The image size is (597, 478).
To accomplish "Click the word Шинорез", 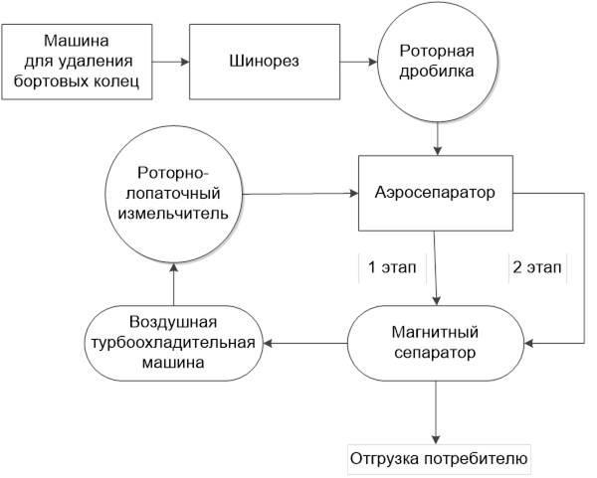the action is [265, 61].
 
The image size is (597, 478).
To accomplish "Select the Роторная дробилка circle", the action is [437, 62].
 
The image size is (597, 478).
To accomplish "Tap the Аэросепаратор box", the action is [436, 193].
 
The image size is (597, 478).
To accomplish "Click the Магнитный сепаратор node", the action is [436, 343].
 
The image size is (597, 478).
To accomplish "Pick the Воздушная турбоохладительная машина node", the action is [173, 343].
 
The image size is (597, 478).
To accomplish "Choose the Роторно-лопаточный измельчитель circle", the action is [173, 194].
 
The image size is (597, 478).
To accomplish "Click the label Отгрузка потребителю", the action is [439, 458].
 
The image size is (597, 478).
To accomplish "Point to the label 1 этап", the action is [392, 267].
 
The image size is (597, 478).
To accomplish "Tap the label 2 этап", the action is [537, 267].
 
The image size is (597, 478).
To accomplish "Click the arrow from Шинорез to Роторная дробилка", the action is [358, 62].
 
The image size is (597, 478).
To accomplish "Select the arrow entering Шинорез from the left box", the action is [170, 62].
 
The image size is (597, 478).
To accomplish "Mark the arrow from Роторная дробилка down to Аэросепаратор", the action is [438, 138].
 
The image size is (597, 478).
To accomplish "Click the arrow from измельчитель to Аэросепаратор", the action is [300, 194].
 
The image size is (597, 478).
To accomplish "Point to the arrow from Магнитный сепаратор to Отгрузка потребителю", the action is [436, 412].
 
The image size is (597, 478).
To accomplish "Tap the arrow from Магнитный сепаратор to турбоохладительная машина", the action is [305, 344].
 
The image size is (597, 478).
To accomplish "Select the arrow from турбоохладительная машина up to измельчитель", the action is [173, 283].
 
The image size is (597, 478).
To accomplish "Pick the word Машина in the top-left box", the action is [77, 41].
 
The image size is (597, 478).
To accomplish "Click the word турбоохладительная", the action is [173, 343].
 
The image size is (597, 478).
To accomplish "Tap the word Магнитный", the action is [435, 332].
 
